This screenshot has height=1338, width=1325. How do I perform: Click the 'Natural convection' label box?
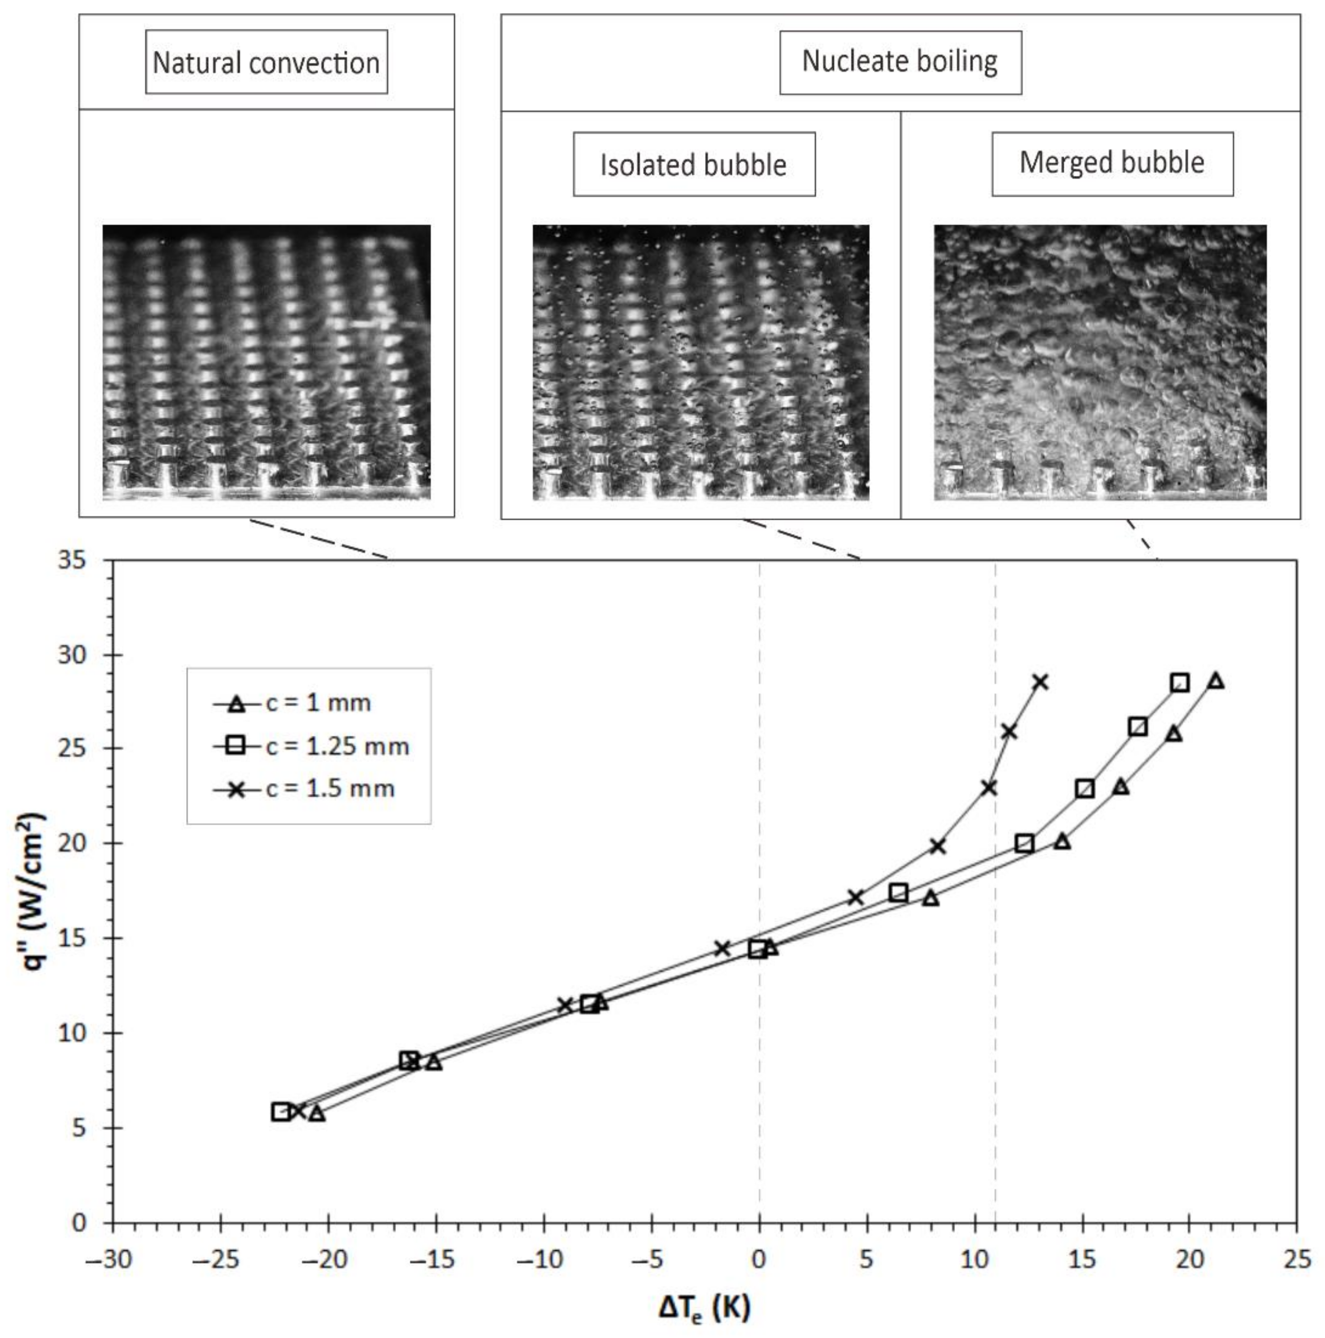(x=266, y=62)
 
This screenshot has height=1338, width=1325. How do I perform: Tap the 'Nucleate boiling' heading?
(x=900, y=61)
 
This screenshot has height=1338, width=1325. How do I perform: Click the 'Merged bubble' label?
(x=1112, y=163)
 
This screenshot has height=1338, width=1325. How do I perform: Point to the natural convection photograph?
(x=266, y=361)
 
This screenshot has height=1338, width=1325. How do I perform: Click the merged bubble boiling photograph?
(x=1100, y=361)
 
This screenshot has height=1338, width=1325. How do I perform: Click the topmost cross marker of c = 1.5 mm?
(x=1040, y=683)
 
